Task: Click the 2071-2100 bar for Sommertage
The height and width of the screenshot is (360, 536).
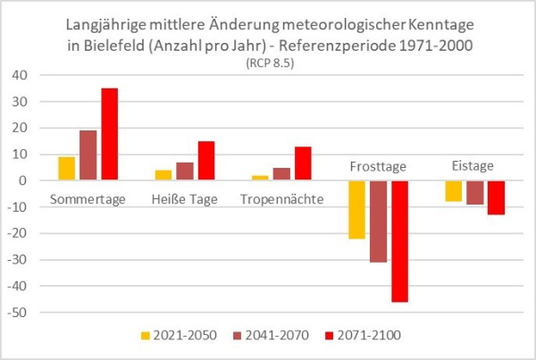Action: [x=109, y=134]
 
